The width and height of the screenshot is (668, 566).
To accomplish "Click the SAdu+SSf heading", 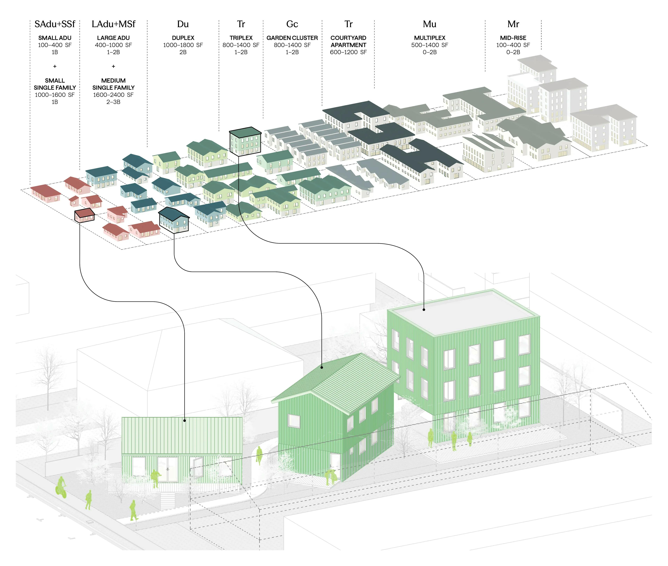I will (x=55, y=24).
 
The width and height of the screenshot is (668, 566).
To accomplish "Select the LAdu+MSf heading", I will (x=113, y=24).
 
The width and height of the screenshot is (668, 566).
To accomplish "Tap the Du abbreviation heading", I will (x=183, y=24).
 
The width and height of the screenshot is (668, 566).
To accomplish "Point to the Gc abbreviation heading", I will (x=292, y=24).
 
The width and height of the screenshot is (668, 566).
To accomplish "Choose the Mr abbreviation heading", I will (x=513, y=24).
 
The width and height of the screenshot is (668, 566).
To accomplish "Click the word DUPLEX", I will (x=183, y=38).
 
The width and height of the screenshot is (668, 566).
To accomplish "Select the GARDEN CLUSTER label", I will (x=292, y=38).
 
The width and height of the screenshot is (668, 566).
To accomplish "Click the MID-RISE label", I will (x=513, y=38).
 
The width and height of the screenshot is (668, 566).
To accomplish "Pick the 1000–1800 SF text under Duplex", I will (x=183, y=45).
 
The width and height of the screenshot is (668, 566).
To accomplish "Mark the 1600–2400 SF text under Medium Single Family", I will (x=113, y=95).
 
